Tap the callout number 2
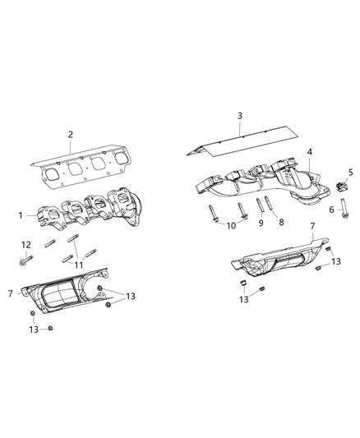71,134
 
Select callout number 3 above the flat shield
241,117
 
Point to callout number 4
310,152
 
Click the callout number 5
349,172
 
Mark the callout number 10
233,225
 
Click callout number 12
26,244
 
